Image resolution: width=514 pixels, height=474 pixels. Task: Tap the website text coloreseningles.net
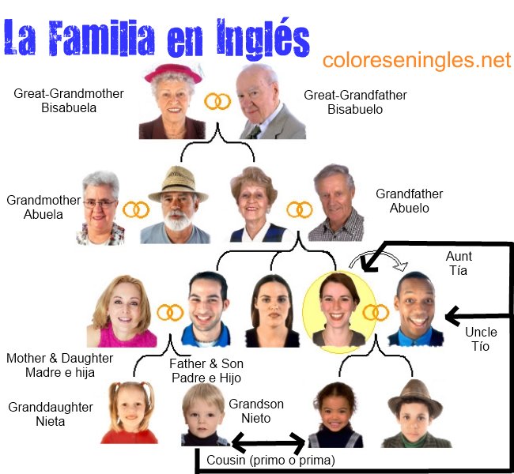(x=417, y=60)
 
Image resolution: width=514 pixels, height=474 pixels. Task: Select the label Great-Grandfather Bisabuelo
(x=355, y=102)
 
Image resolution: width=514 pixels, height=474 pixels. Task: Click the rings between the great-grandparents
(x=217, y=101)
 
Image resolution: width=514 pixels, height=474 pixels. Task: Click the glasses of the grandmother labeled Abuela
(x=100, y=203)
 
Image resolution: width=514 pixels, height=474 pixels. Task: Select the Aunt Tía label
(x=459, y=264)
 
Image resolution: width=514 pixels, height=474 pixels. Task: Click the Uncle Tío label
(x=481, y=340)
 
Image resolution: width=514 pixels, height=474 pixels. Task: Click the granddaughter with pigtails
(x=129, y=411)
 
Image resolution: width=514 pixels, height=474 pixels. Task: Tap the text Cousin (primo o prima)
(x=270, y=460)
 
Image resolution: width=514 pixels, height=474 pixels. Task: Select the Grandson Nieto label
(x=255, y=411)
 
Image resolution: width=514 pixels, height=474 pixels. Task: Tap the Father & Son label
(x=206, y=371)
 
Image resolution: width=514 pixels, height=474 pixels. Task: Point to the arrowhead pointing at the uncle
(x=453, y=318)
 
